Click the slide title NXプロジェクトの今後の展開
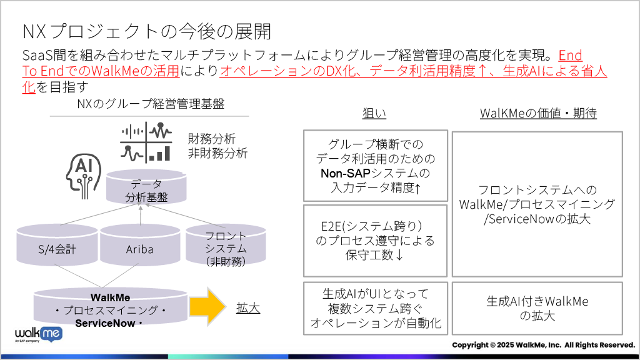tap(147, 31)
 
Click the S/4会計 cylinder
tap(57, 245)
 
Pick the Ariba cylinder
tap(140, 245)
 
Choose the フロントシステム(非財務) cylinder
tap(226, 245)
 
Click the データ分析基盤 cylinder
tap(146, 187)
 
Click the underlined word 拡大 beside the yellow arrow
tap(248, 307)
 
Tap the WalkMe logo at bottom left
tap(39, 334)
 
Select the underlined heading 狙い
tap(374, 113)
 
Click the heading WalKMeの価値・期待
tap(538, 113)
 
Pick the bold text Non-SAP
tap(345, 173)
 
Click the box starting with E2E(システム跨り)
tap(376, 241)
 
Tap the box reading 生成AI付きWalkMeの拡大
tap(537, 309)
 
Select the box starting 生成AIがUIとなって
tap(376, 309)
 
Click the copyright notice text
tap(544, 345)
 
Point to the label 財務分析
tap(211, 139)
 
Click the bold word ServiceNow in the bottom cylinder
tap(105, 323)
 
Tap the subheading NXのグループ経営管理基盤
tap(151, 104)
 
